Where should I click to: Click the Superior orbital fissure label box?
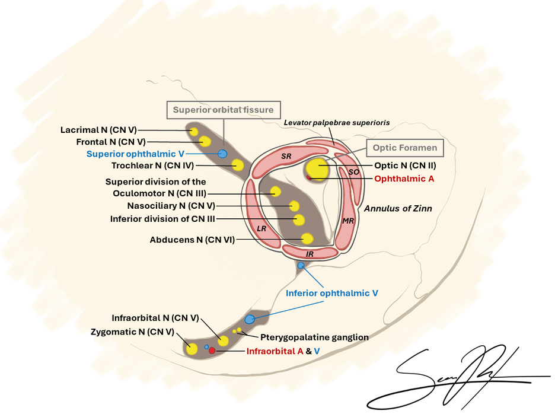pyautogui.click(x=223, y=110)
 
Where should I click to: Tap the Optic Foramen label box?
pyautogui.click(x=405, y=148)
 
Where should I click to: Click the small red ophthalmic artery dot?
pyautogui.click(x=309, y=178)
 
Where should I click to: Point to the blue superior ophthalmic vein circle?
pyautogui.click(x=222, y=154)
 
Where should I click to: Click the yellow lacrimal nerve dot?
pyautogui.click(x=193, y=130)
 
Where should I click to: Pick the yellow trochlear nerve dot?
pyautogui.click(x=238, y=165)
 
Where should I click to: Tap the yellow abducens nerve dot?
pyautogui.click(x=307, y=238)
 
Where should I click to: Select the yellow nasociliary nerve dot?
pyautogui.click(x=294, y=206)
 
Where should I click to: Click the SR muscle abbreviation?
pyautogui.click(x=287, y=156)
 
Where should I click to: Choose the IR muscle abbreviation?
pyautogui.click(x=310, y=253)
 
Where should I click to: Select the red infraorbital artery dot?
pyautogui.click(x=212, y=351)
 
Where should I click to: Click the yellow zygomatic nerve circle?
pyautogui.click(x=192, y=348)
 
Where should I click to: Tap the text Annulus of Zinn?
pyautogui.click(x=398, y=208)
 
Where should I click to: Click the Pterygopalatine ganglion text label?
pyautogui.click(x=314, y=337)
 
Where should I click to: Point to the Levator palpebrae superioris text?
pyautogui.click(x=336, y=122)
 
